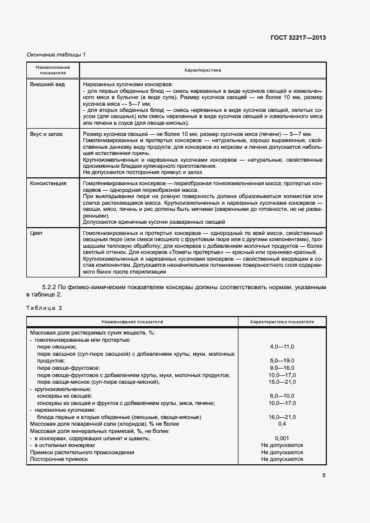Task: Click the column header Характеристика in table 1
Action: (x=203, y=70)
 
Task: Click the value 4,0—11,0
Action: (x=282, y=347)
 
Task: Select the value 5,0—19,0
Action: (x=282, y=361)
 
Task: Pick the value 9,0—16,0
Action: (x=282, y=368)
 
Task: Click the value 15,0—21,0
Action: (x=282, y=382)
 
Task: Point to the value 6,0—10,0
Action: (x=282, y=396)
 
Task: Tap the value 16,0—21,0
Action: (x=282, y=417)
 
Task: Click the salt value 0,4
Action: (x=282, y=424)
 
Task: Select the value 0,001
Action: (x=282, y=438)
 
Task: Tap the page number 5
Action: (x=324, y=475)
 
